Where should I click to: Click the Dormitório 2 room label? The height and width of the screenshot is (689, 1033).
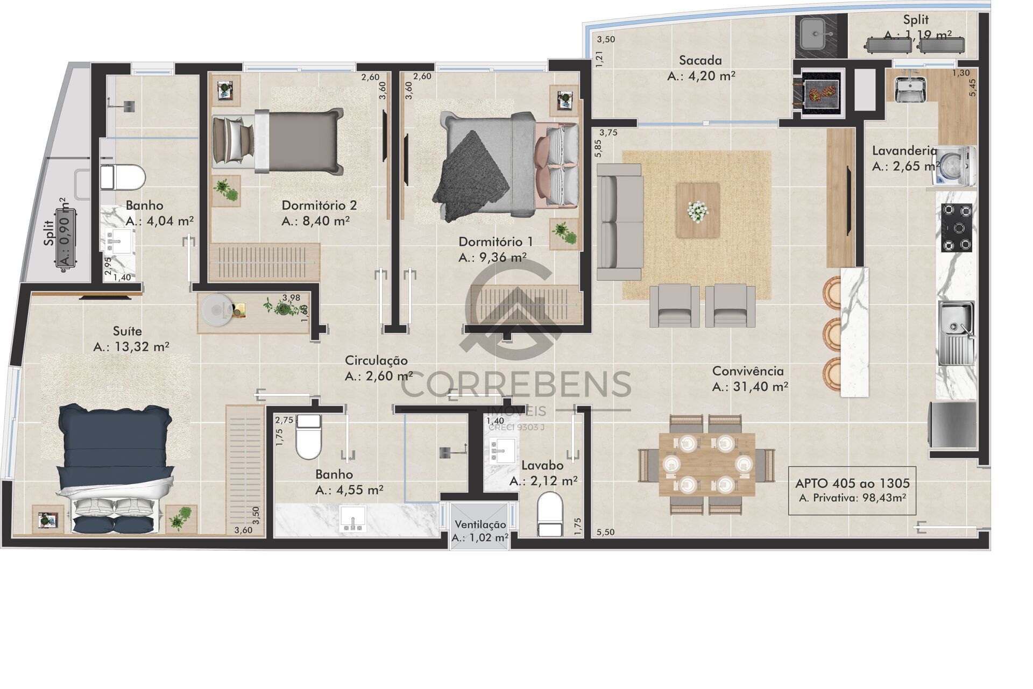click(319, 205)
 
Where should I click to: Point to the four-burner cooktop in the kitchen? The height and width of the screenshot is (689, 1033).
click(957, 228)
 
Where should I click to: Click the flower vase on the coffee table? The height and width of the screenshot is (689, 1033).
click(698, 210)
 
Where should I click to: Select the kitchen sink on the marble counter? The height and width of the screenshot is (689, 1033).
click(956, 333)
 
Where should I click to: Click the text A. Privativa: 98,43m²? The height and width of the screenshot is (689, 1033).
click(852, 498)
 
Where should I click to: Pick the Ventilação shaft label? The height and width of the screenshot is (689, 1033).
click(480, 525)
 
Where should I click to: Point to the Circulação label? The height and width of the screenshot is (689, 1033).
click(376, 360)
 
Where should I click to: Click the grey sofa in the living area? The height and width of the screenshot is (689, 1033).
click(620, 222)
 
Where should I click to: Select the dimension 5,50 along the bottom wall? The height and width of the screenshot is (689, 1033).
click(605, 532)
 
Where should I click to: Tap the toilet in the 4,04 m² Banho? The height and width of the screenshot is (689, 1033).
click(123, 177)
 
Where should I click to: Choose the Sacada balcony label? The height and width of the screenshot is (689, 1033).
click(700, 60)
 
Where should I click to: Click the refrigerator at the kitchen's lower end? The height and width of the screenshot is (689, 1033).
click(952, 425)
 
